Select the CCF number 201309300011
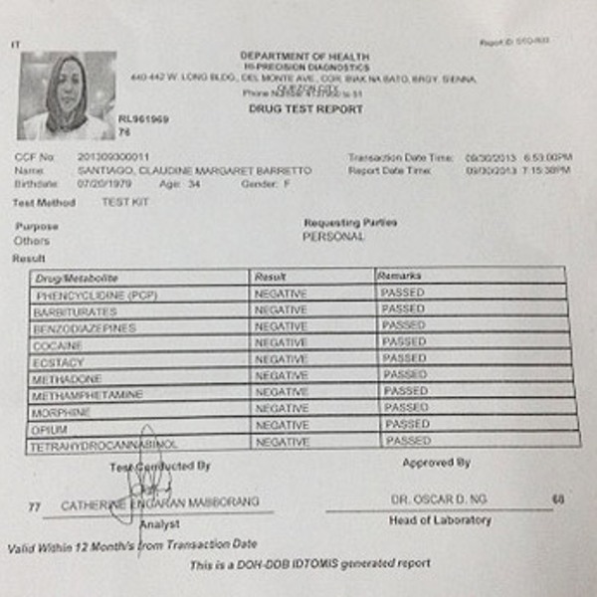113,157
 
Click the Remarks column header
400,275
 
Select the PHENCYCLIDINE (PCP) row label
97,296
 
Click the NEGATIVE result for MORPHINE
282,408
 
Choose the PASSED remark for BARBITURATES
403,309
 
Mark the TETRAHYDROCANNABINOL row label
103,444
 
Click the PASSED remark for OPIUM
407,424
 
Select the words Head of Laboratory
440,520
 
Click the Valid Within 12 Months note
132,545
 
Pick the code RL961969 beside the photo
143,118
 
